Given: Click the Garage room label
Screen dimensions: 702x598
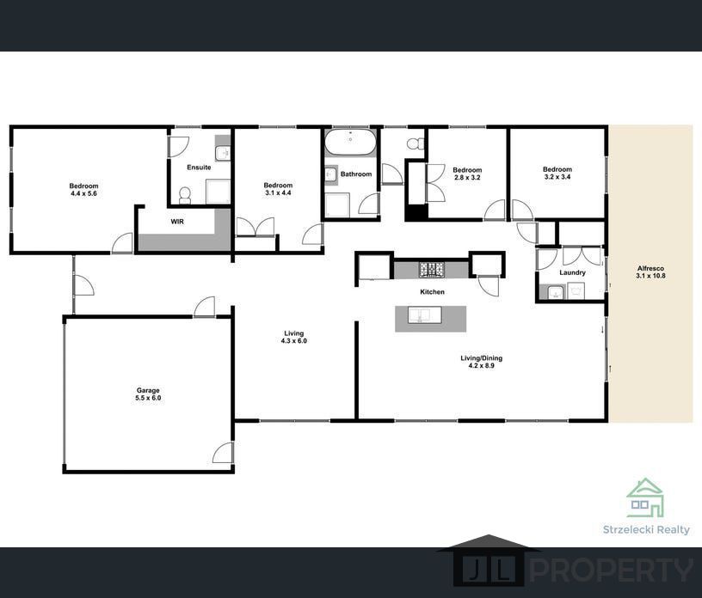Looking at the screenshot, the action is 148,390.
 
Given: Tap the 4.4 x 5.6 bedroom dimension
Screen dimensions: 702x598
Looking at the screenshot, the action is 83,193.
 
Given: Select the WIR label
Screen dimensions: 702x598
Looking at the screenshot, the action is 177,222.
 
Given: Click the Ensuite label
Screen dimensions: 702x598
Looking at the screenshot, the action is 199,168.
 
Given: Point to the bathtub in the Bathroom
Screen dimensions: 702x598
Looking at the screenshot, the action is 350,143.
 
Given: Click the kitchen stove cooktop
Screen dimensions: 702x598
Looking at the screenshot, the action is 432,270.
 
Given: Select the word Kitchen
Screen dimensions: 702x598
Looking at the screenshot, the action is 432,291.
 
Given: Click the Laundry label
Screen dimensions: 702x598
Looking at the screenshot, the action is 572,272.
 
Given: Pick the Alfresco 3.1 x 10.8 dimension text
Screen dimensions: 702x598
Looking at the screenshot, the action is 650,276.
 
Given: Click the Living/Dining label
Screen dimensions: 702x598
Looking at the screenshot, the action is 481,357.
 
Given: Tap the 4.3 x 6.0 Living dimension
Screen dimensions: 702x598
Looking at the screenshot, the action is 293,341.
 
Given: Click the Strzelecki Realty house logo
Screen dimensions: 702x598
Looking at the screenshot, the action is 645,497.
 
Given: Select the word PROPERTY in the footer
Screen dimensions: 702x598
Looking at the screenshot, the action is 612,571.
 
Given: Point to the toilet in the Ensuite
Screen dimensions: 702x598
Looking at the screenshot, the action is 184,194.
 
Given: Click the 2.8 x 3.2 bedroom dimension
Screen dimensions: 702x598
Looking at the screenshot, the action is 467,178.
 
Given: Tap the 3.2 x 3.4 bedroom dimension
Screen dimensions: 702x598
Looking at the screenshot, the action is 557,177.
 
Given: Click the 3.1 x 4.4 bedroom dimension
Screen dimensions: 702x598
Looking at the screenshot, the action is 278,192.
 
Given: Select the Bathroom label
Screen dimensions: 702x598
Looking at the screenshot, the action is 356,174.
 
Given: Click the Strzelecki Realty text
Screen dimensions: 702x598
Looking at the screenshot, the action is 646,530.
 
